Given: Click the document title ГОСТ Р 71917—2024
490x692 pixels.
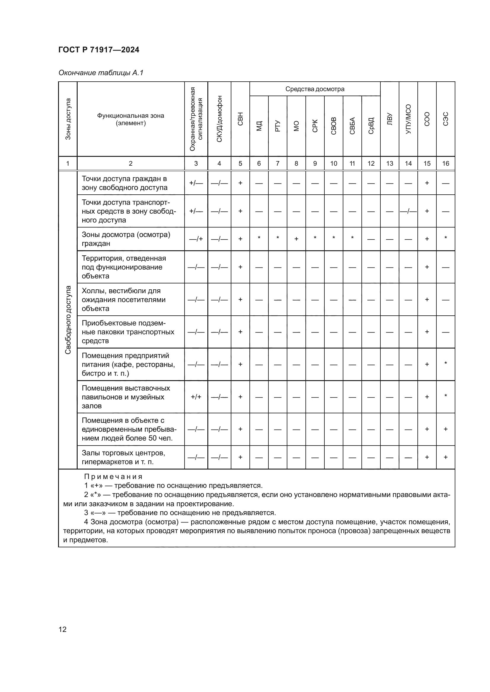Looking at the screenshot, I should [99, 50].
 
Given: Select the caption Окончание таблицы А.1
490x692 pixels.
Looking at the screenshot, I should [101, 73].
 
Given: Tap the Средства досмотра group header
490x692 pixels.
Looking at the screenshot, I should [315, 89].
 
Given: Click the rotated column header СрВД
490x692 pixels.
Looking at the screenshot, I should [371, 126].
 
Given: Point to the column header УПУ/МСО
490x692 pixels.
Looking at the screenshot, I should [408, 119].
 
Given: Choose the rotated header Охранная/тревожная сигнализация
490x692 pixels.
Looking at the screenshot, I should [196, 119].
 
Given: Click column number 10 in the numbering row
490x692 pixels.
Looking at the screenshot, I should [333, 163].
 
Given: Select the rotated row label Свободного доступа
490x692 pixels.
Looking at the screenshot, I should [68, 320].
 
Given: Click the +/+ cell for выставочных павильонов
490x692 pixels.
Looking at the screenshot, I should [196, 397].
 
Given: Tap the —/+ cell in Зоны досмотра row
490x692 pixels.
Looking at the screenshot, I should [196, 239].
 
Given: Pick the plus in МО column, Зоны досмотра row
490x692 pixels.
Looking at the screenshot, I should [296, 239].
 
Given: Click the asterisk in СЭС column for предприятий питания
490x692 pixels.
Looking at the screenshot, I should [446, 364].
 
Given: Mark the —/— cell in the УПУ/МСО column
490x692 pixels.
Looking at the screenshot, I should [408, 211].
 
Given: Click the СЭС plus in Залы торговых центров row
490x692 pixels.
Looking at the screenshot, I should [446, 457].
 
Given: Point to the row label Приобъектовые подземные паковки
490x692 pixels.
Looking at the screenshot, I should [128, 332].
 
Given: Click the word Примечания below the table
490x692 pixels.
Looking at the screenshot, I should [113, 477].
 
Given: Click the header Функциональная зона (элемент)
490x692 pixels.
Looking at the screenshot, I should [131, 119].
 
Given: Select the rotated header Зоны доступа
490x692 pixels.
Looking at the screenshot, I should [68, 119].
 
